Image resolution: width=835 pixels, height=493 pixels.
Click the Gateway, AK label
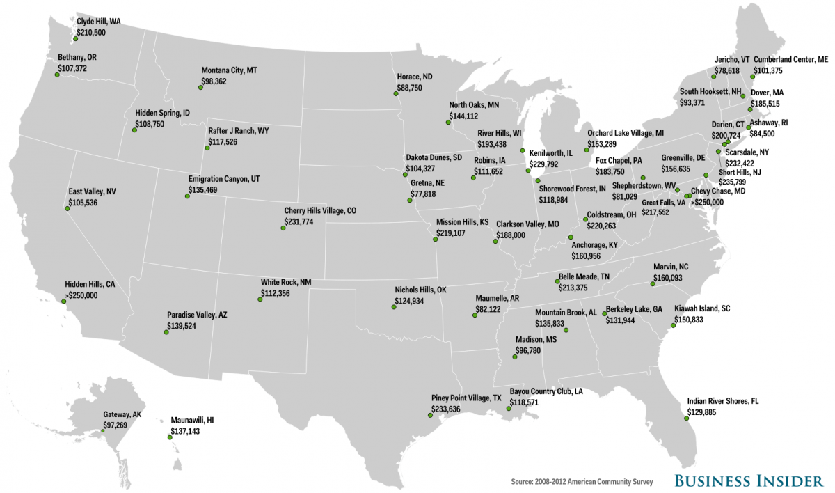(122, 414)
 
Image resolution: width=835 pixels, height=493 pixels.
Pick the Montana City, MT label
(229, 70)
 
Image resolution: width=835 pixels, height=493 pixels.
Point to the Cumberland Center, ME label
(790, 60)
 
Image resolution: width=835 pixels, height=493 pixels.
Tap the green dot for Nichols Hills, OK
(395, 306)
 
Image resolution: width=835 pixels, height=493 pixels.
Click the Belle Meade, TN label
(583, 276)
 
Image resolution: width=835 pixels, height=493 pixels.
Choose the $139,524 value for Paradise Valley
(182, 326)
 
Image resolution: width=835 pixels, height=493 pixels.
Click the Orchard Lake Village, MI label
(626, 132)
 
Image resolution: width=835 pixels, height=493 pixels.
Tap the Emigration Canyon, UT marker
(188, 196)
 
